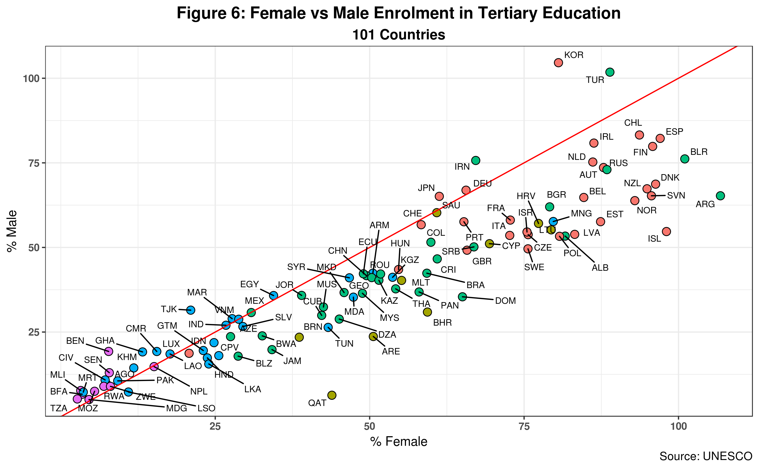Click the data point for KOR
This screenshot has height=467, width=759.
click(x=558, y=63)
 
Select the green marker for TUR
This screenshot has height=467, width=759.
click(x=609, y=72)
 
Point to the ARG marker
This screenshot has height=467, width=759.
click(x=720, y=196)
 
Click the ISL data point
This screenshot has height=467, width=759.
click(x=666, y=232)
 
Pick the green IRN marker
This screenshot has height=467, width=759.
click(x=476, y=160)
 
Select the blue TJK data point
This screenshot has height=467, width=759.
click(x=191, y=310)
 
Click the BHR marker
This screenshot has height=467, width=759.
click(x=427, y=312)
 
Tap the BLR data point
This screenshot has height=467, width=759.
click(x=684, y=159)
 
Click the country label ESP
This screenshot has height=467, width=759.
click(x=674, y=132)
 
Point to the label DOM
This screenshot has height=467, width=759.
click(x=505, y=301)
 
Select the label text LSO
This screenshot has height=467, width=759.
click(x=206, y=408)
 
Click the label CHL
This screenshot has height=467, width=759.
click(x=633, y=123)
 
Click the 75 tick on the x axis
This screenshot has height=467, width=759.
click(x=524, y=426)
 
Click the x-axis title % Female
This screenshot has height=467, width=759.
click(x=399, y=442)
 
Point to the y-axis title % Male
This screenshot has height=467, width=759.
click(x=12, y=231)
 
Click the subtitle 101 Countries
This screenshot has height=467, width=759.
click(x=399, y=35)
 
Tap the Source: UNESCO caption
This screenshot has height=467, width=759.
click(x=706, y=456)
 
